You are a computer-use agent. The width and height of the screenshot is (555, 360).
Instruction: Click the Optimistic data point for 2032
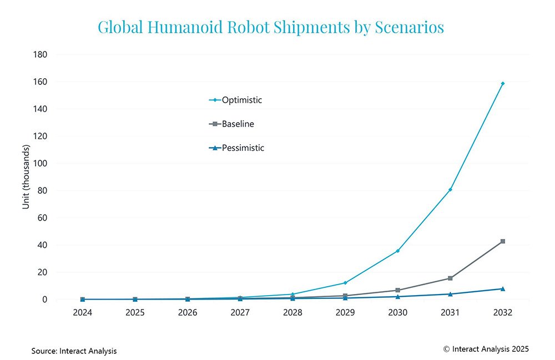coord(503,83)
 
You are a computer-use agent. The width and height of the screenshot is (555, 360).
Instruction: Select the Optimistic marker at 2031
coord(450,190)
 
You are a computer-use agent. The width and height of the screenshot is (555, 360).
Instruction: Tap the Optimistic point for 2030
coord(398,251)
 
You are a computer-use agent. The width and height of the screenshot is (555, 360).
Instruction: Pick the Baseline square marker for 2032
coord(503,241)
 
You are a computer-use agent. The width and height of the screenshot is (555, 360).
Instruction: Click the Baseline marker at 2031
coord(450,278)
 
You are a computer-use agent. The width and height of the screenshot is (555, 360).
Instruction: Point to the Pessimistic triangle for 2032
coord(503,288)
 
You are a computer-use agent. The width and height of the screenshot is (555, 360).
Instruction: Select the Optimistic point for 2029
coord(345,283)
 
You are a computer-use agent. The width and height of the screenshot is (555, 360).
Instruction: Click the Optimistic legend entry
coord(235,100)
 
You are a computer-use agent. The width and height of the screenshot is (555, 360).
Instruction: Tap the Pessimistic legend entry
coord(236,148)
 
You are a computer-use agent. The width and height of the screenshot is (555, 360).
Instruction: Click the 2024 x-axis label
coord(83,313)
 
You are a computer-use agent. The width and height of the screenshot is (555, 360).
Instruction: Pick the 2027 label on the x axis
coord(240,313)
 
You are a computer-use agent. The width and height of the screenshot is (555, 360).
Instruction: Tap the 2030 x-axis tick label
coord(398,313)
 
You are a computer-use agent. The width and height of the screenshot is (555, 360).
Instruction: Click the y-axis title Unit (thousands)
coord(26,177)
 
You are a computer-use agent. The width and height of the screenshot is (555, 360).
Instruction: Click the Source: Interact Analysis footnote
coord(74,351)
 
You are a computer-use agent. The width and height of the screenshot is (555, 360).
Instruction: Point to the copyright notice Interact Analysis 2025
coord(486,349)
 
